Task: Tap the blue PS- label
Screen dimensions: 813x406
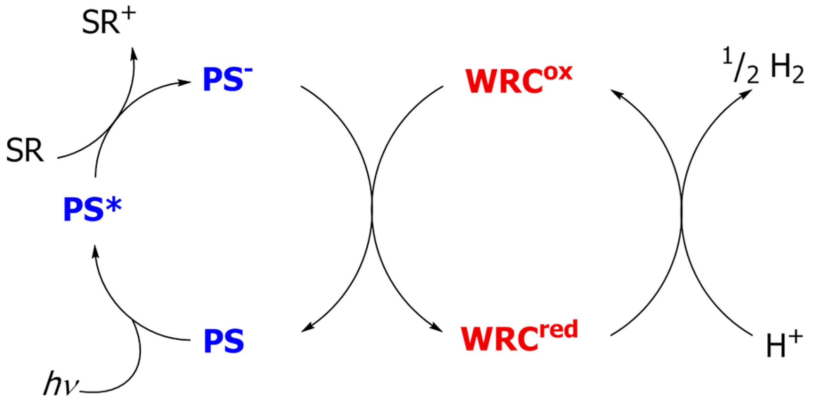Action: [228, 79]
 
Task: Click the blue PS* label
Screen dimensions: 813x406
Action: [92, 210]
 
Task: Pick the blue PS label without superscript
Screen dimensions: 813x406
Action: [224, 341]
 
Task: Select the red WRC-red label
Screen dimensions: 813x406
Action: [519, 336]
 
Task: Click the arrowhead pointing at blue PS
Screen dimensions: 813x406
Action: [307, 328]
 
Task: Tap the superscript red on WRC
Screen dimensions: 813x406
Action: [558, 330]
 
